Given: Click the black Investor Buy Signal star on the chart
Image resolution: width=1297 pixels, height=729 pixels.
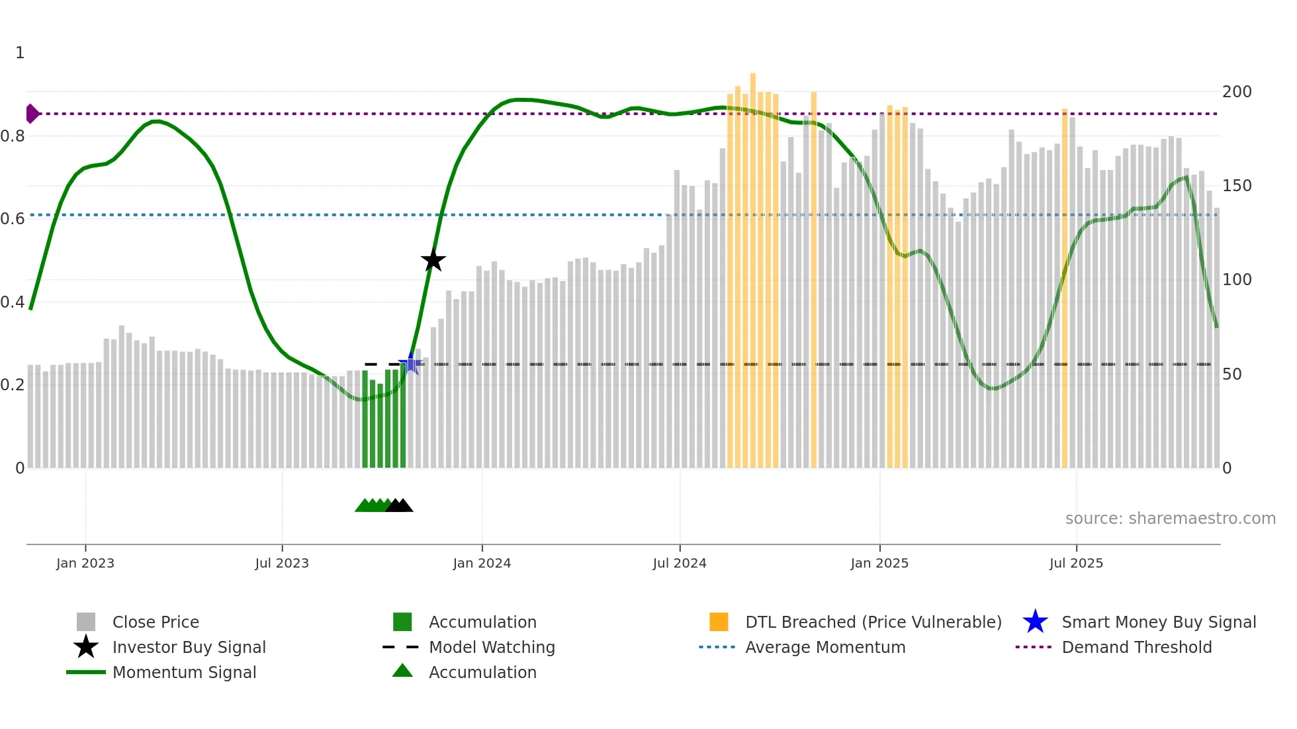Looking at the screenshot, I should pyautogui.click(x=433, y=260).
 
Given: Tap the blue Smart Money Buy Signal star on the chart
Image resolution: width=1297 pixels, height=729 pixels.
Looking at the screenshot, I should pyautogui.click(x=411, y=363).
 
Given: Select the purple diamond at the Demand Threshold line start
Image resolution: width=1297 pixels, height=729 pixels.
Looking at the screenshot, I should pyautogui.click(x=32, y=114).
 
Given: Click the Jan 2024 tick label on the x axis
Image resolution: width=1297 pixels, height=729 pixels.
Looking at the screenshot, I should pyautogui.click(x=482, y=564).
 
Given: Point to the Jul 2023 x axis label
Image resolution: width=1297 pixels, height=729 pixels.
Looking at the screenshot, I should pyautogui.click(x=282, y=564).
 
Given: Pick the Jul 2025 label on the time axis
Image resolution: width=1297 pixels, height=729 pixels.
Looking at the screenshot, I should pyautogui.click(x=1076, y=564).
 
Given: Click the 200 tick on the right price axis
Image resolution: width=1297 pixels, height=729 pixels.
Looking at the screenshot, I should pyautogui.click(x=1236, y=92).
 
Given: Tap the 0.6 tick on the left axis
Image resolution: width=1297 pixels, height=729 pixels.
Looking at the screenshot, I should pyautogui.click(x=13, y=219).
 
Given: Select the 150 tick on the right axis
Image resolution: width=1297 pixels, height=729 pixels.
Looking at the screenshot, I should pyautogui.click(x=1236, y=186).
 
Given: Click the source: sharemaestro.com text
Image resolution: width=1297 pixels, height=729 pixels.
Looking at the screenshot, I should pyautogui.click(x=1170, y=519).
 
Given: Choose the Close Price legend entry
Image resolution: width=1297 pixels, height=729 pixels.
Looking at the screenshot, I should pyautogui.click(x=156, y=622).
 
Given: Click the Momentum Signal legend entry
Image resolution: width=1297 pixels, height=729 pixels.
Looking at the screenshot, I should pyautogui.click(x=184, y=673).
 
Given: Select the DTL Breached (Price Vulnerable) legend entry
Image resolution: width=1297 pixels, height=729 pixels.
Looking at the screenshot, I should pyautogui.click(x=873, y=622).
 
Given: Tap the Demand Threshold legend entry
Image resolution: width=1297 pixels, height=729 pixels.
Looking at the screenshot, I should pyautogui.click(x=1136, y=648).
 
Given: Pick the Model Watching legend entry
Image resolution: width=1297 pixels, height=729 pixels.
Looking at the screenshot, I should pyautogui.click(x=492, y=648).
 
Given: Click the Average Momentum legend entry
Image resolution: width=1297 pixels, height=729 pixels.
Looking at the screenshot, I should pyautogui.click(x=825, y=648).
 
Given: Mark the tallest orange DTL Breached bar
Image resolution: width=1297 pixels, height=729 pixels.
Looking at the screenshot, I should pyautogui.click(x=753, y=265).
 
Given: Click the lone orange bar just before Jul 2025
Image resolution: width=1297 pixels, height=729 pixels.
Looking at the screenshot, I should pyautogui.click(x=1065, y=284).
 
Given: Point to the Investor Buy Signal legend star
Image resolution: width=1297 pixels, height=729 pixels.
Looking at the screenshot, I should pyautogui.click(x=86, y=647).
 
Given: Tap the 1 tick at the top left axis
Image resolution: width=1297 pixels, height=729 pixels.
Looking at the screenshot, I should pyautogui.click(x=20, y=53).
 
